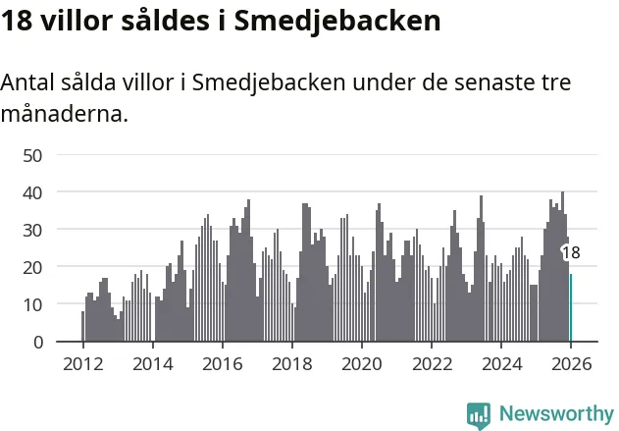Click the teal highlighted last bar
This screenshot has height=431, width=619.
(571, 308)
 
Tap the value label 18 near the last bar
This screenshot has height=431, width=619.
(571, 252)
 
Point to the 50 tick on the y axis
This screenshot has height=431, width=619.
(33, 155)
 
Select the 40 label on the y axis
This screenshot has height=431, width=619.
(33, 192)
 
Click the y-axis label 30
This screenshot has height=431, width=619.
(33, 230)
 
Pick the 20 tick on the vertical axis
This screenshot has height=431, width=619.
(33, 267)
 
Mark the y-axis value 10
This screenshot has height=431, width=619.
(33, 304)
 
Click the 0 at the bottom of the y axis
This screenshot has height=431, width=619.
(38, 342)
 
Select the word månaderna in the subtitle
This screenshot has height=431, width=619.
(64, 114)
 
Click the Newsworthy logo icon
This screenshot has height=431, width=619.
(479, 414)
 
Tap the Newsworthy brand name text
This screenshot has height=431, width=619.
(556, 414)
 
